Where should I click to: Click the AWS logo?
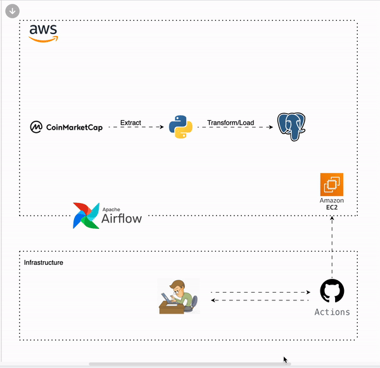click(43, 33)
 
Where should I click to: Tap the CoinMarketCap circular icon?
click(36, 127)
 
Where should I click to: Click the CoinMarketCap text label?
click(74, 127)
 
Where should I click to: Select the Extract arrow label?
click(130, 122)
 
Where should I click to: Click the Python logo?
click(180, 126)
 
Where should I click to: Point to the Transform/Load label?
click(226, 122)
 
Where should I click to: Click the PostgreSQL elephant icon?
click(292, 126)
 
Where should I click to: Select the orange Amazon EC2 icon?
click(332, 185)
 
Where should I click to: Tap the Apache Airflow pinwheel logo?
click(85, 216)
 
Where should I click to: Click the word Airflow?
click(122, 219)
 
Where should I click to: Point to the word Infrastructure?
click(44, 262)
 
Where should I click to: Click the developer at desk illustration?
click(178, 296)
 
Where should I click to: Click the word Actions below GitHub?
click(332, 312)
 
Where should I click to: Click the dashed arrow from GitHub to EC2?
click(332, 247)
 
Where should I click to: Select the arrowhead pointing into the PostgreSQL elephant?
click(270, 127)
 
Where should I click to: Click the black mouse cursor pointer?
click(286, 360)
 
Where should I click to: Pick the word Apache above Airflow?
click(111, 208)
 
